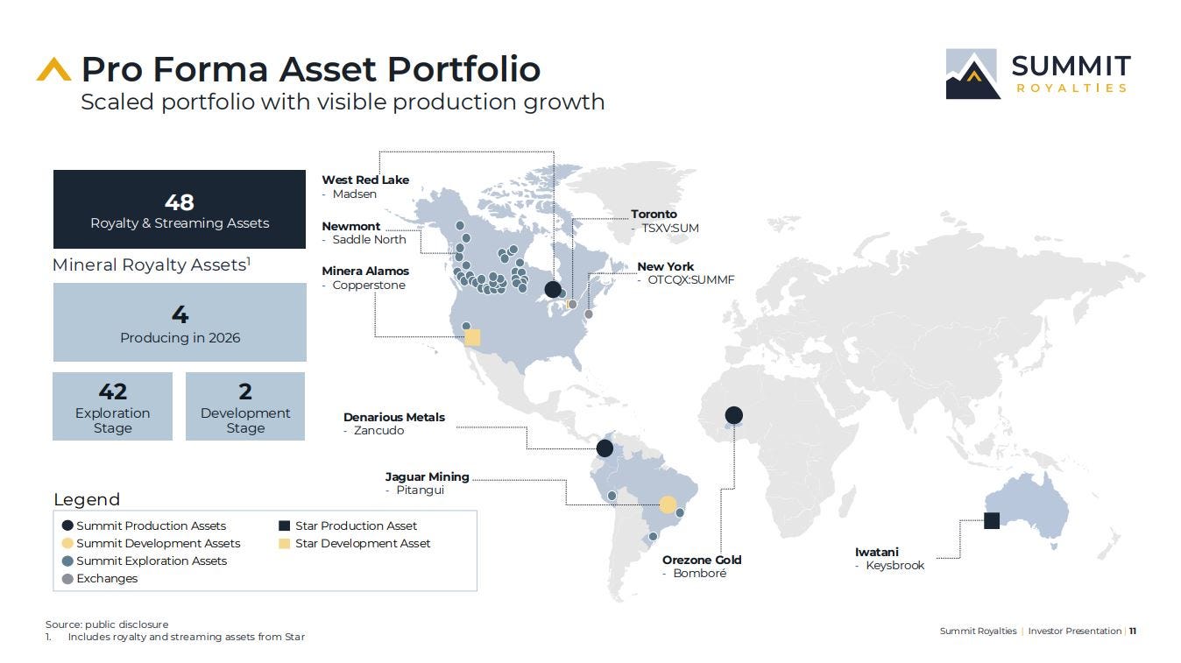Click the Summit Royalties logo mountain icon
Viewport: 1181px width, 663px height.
(x=972, y=74)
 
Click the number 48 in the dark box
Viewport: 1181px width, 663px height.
(x=180, y=202)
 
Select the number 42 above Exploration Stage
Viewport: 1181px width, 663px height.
(x=112, y=391)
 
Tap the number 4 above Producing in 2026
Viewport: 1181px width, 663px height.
(x=180, y=314)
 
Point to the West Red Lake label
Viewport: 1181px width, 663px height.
(x=365, y=180)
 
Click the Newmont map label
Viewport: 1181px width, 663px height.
(x=351, y=226)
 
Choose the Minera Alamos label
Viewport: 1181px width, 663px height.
(x=365, y=271)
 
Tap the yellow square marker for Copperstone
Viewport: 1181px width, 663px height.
(x=472, y=337)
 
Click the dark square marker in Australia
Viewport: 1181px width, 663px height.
(x=992, y=521)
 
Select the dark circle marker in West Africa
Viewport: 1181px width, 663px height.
(x=734, y=415)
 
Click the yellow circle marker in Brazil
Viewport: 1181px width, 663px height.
(x=668, y=504)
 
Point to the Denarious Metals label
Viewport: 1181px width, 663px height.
(x=394, y=417)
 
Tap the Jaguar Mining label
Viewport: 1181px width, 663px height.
(x=427, y=476)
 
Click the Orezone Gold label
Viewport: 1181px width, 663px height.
(x=702, y=560)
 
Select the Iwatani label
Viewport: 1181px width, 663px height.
(x=877, y=552)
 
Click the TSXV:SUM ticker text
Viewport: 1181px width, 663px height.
(x=670, y=229)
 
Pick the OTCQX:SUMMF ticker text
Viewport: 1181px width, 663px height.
(x=690, y=280)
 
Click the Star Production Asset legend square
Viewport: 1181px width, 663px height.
(x=284, y=525)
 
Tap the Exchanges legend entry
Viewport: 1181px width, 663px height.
(x=100, y=579)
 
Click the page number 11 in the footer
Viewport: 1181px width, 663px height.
(x=1133, y=631)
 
